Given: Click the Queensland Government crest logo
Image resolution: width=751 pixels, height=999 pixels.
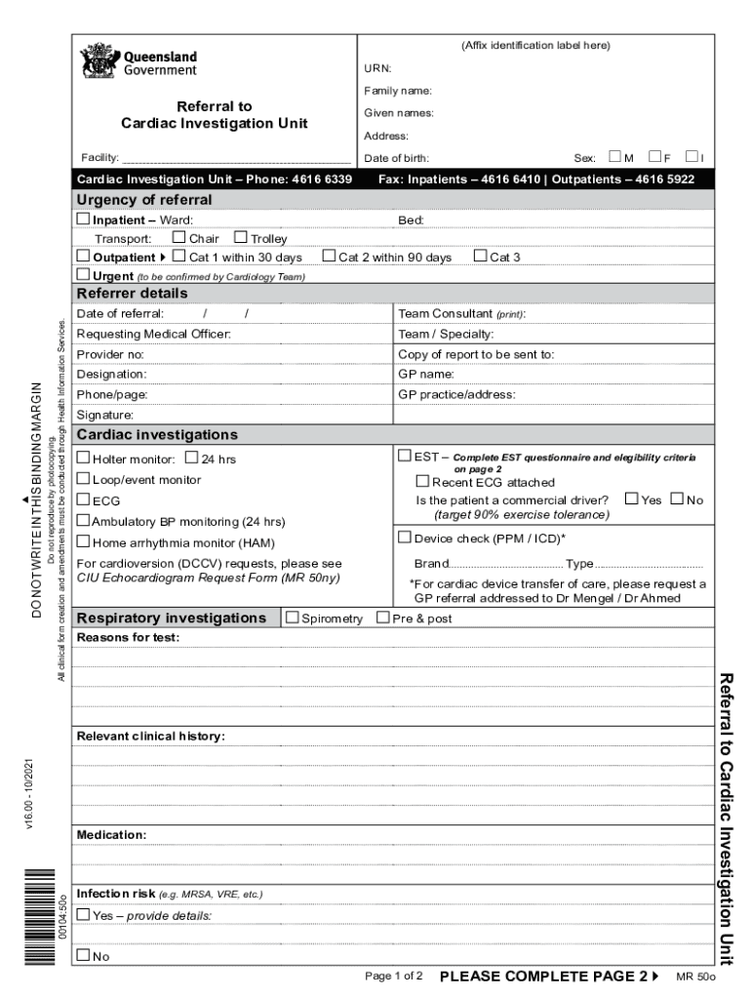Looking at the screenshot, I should point(98,61).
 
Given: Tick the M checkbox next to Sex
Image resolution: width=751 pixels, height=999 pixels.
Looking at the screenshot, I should point(614,157).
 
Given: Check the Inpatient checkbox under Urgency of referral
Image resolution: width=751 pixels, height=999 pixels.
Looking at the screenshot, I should point(83,220).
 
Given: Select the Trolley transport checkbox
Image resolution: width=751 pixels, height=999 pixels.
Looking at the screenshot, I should point(241,238).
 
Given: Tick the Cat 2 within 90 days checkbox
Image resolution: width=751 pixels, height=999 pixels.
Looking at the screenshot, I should point(329,257).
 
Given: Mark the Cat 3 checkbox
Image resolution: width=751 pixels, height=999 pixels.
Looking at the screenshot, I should point(480,257).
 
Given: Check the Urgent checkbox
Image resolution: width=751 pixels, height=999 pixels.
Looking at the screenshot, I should point(83,275).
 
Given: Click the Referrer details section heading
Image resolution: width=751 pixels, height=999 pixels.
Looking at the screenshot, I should point(133,294).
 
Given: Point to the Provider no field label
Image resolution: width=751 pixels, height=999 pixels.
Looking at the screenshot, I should point(110,354).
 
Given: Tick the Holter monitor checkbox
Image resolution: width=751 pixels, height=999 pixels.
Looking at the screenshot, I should point(84,458).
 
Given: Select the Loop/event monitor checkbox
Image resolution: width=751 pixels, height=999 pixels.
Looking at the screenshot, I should point(84,479).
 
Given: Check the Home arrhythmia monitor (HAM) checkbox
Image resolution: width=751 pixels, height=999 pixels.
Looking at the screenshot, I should point(84,541).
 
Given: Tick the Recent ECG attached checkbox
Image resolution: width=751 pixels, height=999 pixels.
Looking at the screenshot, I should point(422,481).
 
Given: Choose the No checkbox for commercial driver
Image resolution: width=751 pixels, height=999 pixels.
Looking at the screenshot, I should point(678,499).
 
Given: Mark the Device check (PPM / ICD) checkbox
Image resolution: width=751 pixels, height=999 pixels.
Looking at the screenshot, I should point(405,537).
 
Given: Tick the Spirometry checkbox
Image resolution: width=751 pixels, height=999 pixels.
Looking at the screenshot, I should point(293,618).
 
